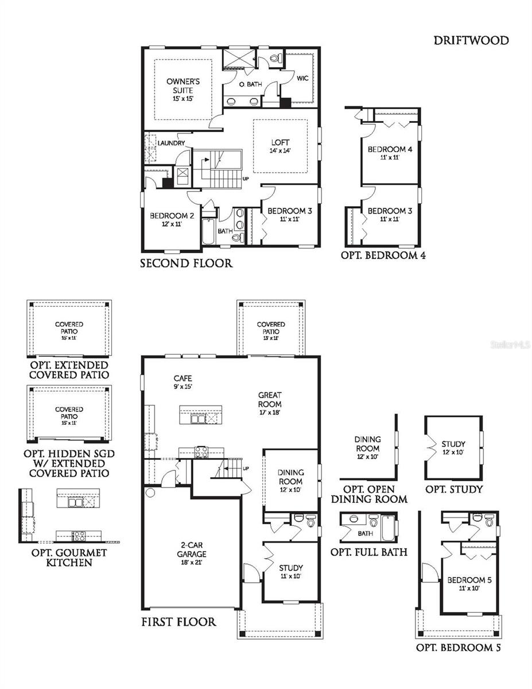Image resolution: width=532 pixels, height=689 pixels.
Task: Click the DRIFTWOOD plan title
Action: [x=471, y=40]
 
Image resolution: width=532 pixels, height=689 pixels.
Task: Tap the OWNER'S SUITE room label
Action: [x=180, y=86]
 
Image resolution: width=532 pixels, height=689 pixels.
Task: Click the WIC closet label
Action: [x=302, y=79]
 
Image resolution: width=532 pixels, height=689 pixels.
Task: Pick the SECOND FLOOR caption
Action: [x=187, y=264]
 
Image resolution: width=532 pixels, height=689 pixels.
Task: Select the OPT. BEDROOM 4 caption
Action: [x=383, y=256]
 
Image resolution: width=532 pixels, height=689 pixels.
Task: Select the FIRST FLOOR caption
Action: [x=178, y=622]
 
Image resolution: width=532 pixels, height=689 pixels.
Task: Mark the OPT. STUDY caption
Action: [x=453, y=489]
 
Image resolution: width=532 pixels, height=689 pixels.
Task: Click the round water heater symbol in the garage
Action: [x=151, y=492]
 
